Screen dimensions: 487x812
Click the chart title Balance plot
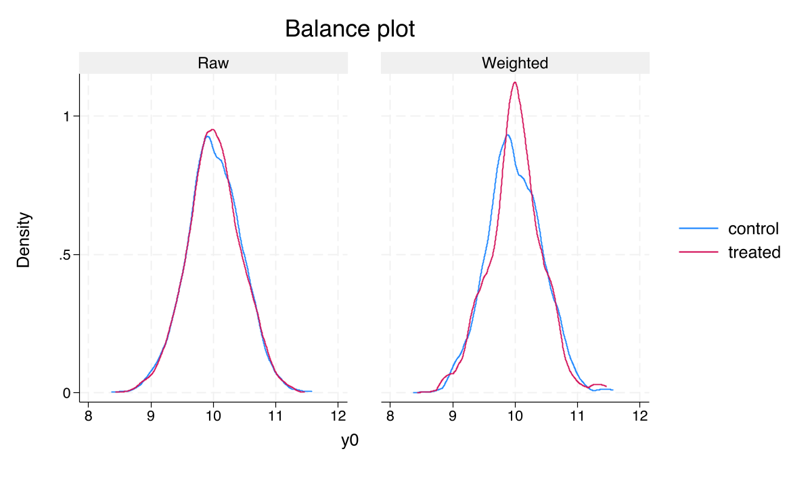coord(349,30)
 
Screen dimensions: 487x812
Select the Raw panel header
coord(213,64)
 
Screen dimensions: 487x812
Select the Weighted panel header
coord(515,64)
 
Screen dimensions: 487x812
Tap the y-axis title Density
coord(24,239)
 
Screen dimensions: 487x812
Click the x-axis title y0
coord(349,442)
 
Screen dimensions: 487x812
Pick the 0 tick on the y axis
coord(68,393)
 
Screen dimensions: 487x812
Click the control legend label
coord(753,229)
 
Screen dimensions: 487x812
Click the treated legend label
coord(754,252)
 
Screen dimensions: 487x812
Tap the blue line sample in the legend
coord(698,229)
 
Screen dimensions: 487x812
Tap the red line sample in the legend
coord(698,252)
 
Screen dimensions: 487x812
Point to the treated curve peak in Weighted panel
coord(516,83)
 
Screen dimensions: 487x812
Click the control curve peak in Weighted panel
coord(507,135)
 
